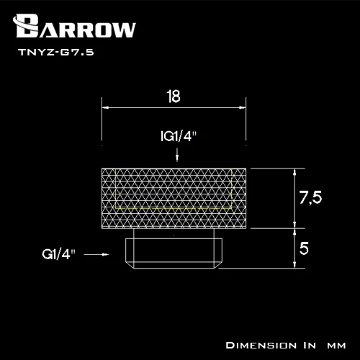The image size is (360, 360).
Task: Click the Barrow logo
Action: (x=74, y=27)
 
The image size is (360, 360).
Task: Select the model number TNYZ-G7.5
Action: (x=56, y=52)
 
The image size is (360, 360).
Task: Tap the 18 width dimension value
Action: (x=174, y=96)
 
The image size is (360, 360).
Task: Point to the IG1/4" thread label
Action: (x=179, y=136)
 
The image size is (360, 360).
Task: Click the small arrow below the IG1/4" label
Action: (x=177, y=155)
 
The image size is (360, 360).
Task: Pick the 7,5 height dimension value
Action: (x=310, y=198)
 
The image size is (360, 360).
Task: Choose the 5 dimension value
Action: (x=304, y=248)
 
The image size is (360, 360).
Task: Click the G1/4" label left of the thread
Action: (x=58, y=254)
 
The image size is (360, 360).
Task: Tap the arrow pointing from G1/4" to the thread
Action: (x=96, y=254)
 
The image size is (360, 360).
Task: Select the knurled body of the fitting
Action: (x=174, y=199)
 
